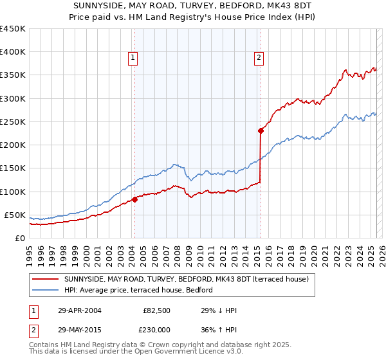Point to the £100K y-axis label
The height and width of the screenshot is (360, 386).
click(x=13, y=192)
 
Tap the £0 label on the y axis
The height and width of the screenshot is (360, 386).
click(x=19, y=238)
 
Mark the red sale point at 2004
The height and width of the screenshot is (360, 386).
click(x=135, y=199)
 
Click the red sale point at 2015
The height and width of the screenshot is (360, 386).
click(x=261, y=130)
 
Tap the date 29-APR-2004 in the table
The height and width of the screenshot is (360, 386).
click(x=79, y=310)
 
